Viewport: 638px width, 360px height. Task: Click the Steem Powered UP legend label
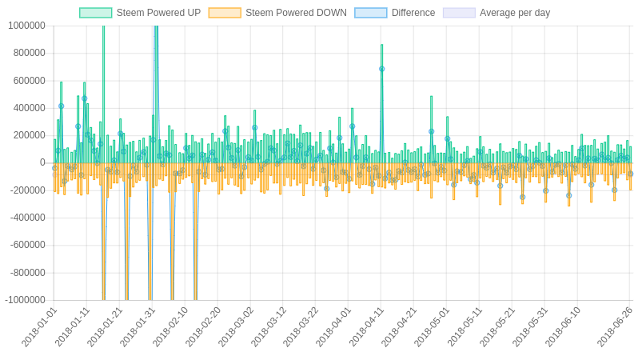pos(158,13)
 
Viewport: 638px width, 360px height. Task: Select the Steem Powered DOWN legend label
pos(296,13)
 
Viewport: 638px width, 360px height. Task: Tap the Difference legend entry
pos(413,13)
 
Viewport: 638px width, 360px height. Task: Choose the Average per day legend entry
pos(515,13)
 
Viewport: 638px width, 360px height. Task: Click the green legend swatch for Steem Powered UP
pos(95,13)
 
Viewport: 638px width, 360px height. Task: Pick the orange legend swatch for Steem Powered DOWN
pos(225,13)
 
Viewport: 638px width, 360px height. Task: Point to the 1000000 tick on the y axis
pos(26,26)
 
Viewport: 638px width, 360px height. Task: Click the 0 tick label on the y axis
pos(42,163)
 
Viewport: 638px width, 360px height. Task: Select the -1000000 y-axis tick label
pos(25,300)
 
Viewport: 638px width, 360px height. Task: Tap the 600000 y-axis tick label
pos(29,81)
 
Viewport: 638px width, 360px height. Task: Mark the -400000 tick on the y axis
pos(27,218)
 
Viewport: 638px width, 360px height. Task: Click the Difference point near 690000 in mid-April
pos(381,69)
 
